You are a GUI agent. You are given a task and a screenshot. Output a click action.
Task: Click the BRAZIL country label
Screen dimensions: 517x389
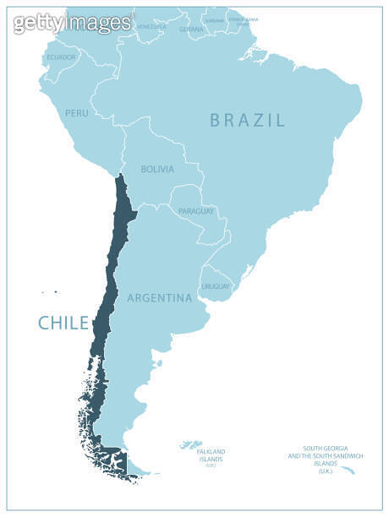[248, 120]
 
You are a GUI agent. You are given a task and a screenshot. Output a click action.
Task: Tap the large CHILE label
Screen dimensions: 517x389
[63, 322]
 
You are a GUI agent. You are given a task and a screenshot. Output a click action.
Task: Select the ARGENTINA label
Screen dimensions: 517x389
[159, 297]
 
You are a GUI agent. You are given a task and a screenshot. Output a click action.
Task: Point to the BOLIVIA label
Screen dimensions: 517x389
[157, 169]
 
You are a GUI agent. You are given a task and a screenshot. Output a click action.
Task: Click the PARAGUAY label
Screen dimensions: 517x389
[196, 210]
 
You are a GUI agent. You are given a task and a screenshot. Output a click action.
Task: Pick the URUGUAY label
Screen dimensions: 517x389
[216, 286]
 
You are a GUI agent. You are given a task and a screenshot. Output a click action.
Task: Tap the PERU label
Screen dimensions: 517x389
[76, 112]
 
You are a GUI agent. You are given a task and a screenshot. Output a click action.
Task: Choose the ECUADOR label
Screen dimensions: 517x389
[62, 57]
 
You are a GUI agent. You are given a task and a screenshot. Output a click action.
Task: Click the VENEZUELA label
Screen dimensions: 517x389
[151, 27]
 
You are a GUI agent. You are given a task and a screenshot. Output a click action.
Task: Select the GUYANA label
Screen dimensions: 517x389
[191, 29]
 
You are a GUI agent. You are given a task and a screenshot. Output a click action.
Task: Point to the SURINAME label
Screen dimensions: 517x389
[215, 19]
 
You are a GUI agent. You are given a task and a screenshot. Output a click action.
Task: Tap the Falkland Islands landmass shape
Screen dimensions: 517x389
[193, 444]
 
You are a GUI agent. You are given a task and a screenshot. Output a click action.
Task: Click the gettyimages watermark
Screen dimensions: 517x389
[72, 23]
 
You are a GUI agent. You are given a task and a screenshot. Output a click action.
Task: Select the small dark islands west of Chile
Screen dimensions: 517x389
[49, 293]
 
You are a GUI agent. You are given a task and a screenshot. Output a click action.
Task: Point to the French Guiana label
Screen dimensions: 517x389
[243, 19]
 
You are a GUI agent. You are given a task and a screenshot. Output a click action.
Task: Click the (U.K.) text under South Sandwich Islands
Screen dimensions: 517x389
[326, 471]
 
